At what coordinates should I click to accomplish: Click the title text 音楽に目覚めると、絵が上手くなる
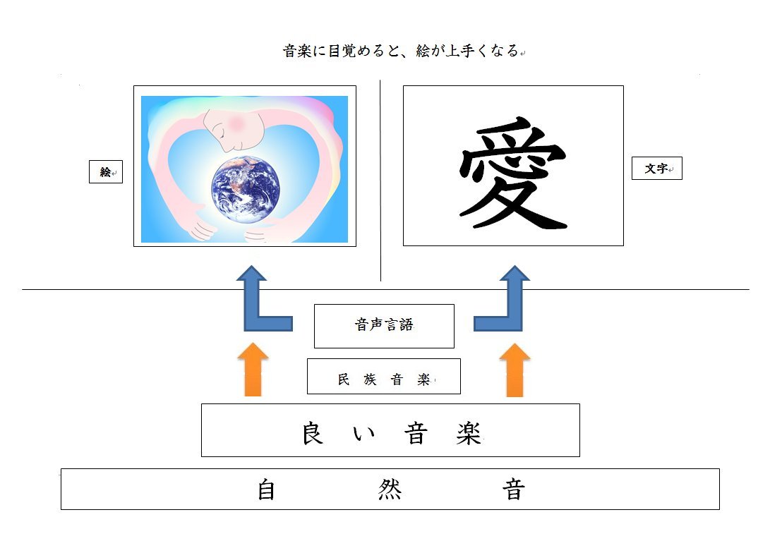coord(401,51)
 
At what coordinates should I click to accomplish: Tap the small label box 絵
coord(106,172)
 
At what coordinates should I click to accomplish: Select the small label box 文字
coord(657,168)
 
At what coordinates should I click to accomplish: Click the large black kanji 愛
coord(513,173)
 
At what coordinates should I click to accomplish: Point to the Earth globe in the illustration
coord(246,190)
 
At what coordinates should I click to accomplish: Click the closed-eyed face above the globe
coord(234,130)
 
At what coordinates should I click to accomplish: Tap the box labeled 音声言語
coord(384,326)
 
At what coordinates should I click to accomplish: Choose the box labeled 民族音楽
coord(383,377)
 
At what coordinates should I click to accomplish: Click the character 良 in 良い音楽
coord(313,433)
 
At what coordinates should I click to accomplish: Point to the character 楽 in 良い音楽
coord(469,433)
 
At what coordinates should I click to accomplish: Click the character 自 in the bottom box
coord(266,490)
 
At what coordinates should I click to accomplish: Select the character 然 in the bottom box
coord(390,490)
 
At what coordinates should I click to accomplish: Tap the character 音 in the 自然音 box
coord(513,490)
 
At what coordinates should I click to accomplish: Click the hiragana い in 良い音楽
coord(364,434)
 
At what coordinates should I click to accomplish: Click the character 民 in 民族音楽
coord(344,379)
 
